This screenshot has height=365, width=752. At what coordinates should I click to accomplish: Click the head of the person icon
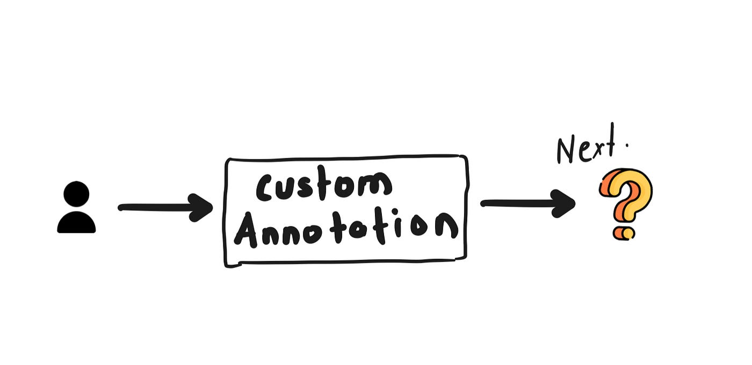76,194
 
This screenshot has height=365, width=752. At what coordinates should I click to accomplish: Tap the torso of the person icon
76,223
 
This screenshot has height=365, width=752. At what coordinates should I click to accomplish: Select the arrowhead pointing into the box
203,207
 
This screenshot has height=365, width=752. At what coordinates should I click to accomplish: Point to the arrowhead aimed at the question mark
564,203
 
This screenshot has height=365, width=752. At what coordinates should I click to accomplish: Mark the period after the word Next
627,144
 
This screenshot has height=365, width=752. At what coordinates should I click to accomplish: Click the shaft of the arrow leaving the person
156,207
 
